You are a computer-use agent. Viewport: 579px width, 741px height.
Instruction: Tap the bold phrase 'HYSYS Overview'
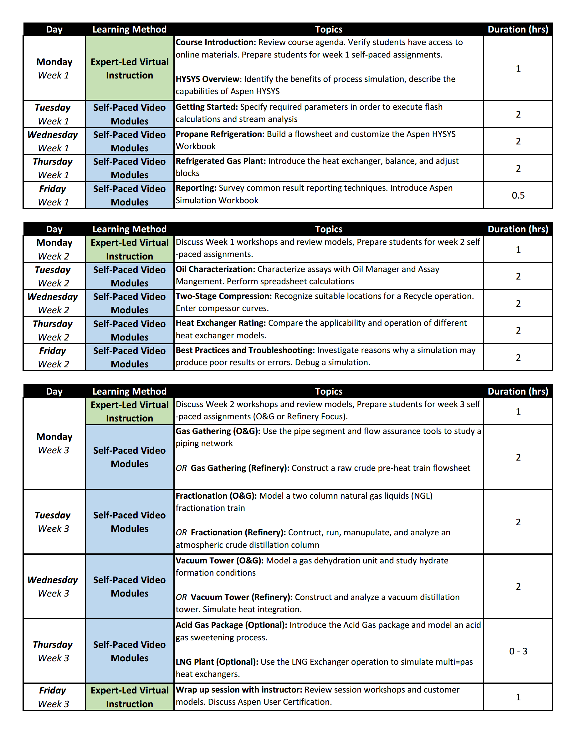click(207, 79)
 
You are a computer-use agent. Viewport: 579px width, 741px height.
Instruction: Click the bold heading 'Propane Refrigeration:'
click(220, 134)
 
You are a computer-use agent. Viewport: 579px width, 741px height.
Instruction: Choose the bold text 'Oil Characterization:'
click(215, 269)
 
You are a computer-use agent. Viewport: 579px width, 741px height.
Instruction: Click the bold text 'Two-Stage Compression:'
click(223, 296)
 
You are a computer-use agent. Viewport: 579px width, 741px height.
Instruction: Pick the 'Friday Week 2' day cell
click(53, 357)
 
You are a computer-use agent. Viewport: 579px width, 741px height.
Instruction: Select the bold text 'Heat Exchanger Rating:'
click(220, 323)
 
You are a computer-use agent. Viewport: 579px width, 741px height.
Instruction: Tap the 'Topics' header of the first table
click(328, 29)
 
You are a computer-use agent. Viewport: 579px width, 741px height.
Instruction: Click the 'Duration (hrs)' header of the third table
click(518, 391)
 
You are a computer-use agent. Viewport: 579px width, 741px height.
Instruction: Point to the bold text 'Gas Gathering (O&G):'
click(218, 431)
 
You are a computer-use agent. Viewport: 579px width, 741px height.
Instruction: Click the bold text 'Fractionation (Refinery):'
click(238, 532)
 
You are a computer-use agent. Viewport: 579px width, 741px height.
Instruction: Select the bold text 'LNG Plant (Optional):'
click(217, 662)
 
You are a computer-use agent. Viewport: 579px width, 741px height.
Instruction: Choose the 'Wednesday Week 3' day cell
click(53, 586)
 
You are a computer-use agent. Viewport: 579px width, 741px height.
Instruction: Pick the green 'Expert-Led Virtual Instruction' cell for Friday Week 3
click(129, 697)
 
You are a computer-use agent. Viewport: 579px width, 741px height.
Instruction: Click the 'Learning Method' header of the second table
click(129, 229)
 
